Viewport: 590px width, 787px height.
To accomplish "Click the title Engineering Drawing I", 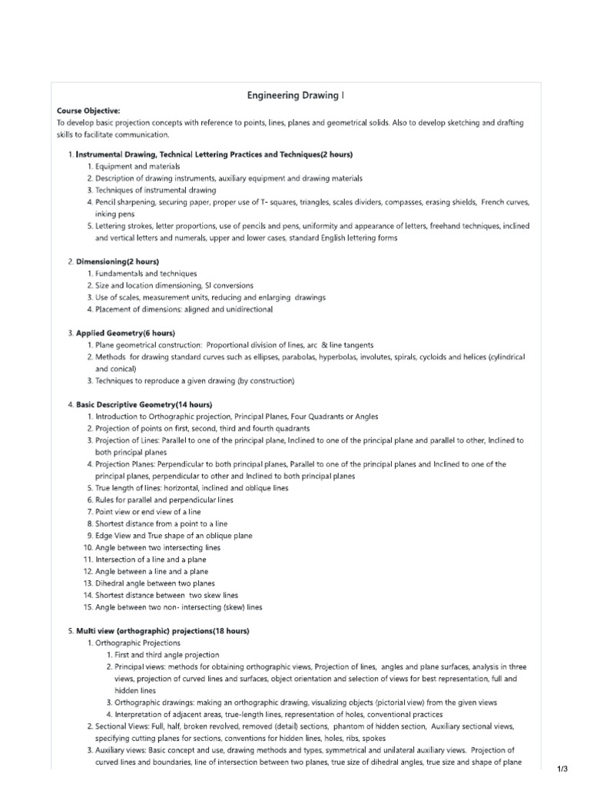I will [296, 95].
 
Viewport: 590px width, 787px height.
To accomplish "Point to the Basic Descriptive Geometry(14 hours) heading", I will [144, 404].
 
